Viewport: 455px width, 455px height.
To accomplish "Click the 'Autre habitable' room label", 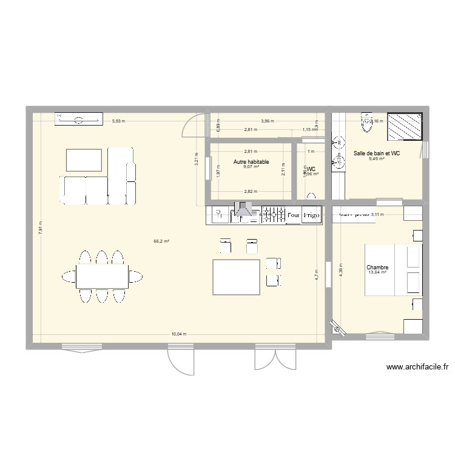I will coord(251,162).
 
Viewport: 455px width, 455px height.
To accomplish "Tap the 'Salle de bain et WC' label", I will coord(377,153).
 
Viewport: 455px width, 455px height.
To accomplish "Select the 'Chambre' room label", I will coord(377,267).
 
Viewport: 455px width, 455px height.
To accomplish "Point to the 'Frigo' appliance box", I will coord(312,215).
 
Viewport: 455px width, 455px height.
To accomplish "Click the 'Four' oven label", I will coord(294,215).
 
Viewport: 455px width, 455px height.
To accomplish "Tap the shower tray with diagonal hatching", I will coord(405,126).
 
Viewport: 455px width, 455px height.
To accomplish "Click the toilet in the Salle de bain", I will coord(366,123).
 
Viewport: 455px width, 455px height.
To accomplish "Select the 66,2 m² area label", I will coord(161,241).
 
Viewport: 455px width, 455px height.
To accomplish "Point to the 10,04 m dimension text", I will coord(179,334).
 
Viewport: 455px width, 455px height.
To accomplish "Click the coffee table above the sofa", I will coord(84,160).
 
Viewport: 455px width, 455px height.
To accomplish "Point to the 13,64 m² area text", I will coord(377,272).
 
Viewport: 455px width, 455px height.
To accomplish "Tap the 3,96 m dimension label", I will coord(267,121).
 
